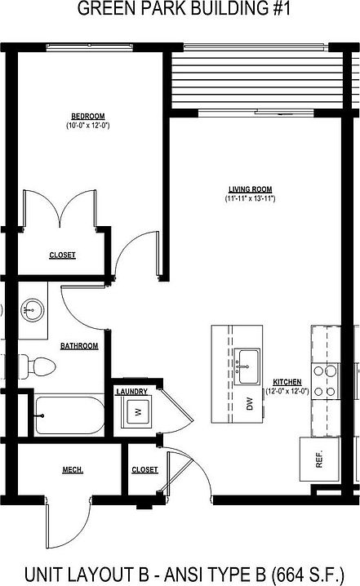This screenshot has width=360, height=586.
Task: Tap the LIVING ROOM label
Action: [249, 189]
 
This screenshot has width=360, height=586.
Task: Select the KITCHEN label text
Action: [287, 382]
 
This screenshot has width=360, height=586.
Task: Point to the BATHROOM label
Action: [79, 346]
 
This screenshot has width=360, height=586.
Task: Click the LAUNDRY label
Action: [131, 392]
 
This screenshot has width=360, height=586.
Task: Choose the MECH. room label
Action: [73, 469]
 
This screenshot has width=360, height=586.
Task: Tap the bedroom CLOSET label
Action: [62, 255]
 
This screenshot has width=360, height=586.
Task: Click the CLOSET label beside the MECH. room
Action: [144, 469]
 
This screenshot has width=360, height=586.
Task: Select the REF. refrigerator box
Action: [318, 458]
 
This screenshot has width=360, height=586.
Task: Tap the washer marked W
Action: [136, 412]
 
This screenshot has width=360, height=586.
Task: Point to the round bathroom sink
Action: [33, 309]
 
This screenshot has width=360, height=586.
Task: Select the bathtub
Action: [69, 416]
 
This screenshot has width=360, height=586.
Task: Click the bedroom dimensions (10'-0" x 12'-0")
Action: [89, 126]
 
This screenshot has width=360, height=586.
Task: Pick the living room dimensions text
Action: [250, 198]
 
